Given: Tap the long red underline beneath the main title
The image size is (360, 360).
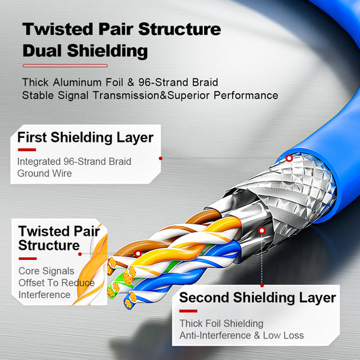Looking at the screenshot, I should [65, 66].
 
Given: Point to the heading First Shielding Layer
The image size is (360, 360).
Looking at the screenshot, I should [85, 138].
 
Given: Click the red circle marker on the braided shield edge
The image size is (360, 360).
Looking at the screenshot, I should [289, 158].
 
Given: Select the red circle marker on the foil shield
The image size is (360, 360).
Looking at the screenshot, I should [262, 230].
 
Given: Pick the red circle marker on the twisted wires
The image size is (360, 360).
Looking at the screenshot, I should [138, 255].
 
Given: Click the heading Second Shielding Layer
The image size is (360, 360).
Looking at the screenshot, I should [257, 298].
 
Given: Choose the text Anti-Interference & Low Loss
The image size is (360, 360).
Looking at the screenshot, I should [241, 336].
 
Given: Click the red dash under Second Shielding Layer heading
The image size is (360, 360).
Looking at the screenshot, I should [188, 311].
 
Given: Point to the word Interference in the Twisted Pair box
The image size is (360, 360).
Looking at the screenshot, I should [44, 294].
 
